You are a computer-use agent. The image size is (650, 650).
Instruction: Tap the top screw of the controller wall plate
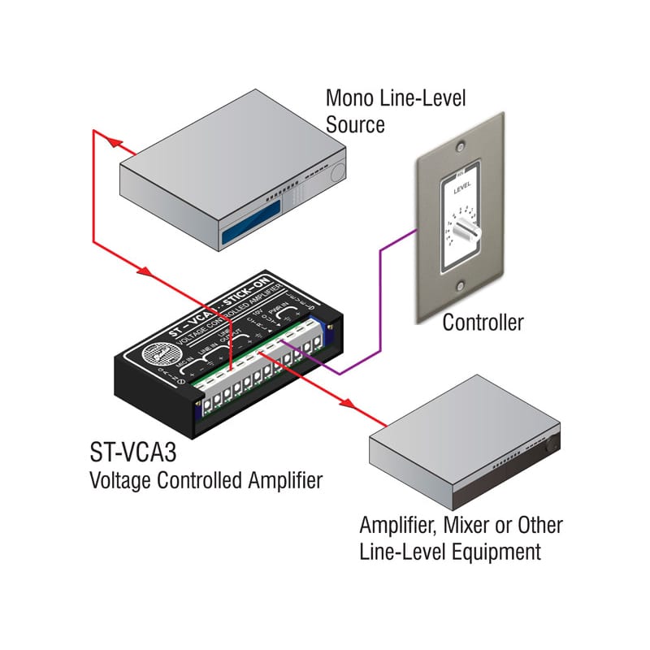click(x=461, y=149)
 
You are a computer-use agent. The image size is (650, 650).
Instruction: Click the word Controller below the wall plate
click(x=483, y=323)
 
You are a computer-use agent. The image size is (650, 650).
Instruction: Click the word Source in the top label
click(x=355, y=124)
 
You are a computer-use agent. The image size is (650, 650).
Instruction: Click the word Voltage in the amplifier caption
click(x=119, y=480)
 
